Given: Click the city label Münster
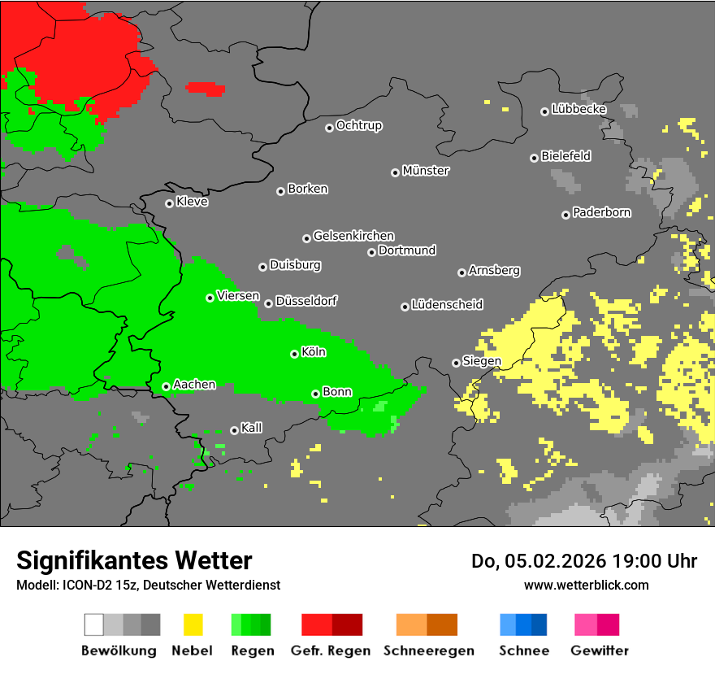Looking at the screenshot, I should pyautogui.click(x=426, y=171).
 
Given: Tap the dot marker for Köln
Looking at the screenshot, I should pyautogui.click(x=294, y=354).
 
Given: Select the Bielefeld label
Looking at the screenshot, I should pyautogui.click(x=565, y=156).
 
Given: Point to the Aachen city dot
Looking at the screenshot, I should pyautogui.click(x=166, y=386).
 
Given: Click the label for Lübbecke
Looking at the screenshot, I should pyautogui.click(x=578, y=109).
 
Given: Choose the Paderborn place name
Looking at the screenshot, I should pyautogui.click(x=601, y=213).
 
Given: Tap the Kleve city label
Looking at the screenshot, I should pyautogui.click(x=192, y=202).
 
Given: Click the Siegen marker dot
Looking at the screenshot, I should pyautogui.click(x=456, y=363).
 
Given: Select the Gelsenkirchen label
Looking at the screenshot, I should pyautogui.click(x=353, y=236).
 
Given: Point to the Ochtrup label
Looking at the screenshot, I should pyautogui.click(x=358, y=126).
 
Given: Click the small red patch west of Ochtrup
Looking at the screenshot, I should pyautogui.click(x=206, y=88).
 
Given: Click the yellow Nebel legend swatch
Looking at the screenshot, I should pyautogui.click(x=193, y=625).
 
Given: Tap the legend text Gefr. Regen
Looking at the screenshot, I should pyautogui.click(x=331, y=651).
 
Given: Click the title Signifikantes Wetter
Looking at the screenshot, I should pyautogui.click(x=134, y=560).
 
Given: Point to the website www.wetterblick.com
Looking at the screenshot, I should pyautogui.click(x=586, y=585).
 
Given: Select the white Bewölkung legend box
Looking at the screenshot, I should pyautogui.click(x=93, y=625).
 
